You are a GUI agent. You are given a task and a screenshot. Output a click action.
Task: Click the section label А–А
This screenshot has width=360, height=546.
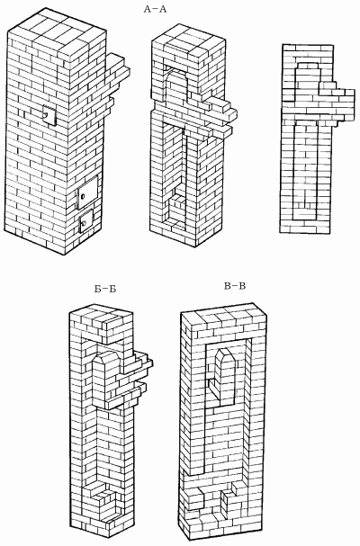click(x=156, y=9)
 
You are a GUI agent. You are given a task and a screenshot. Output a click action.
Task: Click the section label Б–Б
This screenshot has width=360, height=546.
click(x=105, y=289)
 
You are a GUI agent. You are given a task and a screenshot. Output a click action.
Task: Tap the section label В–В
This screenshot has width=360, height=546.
click(x=235, y=286)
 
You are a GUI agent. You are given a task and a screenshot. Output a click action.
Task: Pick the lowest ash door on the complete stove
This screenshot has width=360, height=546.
click(x=85, y=220)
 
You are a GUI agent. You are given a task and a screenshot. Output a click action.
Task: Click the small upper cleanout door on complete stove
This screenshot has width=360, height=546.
click(x=49, y=116)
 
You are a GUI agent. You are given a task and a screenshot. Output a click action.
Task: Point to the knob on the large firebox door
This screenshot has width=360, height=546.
click(x=83, y=197)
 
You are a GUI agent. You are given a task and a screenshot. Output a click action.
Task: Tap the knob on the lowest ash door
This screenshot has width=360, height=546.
click(x=84, y=223)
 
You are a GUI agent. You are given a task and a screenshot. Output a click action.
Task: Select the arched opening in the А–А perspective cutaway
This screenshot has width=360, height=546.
click(x=177, y=85)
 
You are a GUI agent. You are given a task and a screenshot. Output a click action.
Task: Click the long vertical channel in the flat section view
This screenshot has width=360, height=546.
click(x=305, y=171)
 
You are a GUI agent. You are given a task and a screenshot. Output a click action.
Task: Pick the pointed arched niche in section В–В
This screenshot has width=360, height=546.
click(x=223, y=378)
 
